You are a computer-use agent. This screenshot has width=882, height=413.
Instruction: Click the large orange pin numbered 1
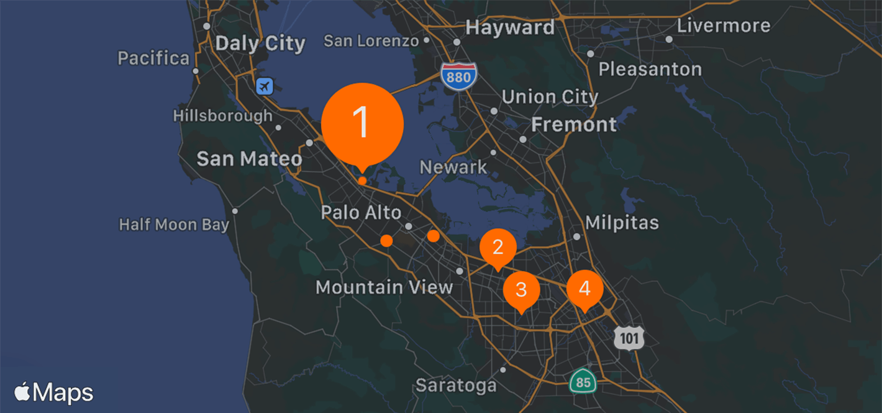point(362,123)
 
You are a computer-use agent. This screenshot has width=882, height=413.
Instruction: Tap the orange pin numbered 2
point(498,248)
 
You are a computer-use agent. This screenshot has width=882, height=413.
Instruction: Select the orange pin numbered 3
point(521,289)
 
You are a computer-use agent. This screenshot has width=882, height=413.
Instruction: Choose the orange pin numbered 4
point(584,289)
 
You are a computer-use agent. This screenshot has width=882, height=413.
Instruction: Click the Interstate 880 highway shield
point(459,76)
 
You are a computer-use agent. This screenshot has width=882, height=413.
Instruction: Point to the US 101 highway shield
point(629,338)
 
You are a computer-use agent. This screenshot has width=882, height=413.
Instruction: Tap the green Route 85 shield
point(583,381)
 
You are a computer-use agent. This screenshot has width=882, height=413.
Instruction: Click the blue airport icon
point(265,86)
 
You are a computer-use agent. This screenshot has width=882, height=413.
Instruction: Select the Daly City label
point(260,44)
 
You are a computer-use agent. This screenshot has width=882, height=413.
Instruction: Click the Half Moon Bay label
point(174,225)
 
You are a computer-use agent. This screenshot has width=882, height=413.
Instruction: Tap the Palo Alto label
point(361,213)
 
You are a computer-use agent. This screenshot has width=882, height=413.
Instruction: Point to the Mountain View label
point(384,287)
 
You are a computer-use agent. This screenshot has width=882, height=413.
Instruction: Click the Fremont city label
point(573,124)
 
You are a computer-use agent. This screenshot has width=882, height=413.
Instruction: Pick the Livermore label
point(723,26)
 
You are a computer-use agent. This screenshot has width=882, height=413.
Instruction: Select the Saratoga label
point(456,385)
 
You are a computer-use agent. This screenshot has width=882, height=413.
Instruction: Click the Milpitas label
point(622,223)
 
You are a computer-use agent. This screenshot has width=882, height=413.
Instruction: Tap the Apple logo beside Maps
point(22,392)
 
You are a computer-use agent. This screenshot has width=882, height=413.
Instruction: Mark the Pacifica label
point(153,58)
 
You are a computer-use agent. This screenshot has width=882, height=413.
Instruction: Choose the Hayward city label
point(509,28)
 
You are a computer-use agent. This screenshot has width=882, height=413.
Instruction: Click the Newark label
point(453,167)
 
